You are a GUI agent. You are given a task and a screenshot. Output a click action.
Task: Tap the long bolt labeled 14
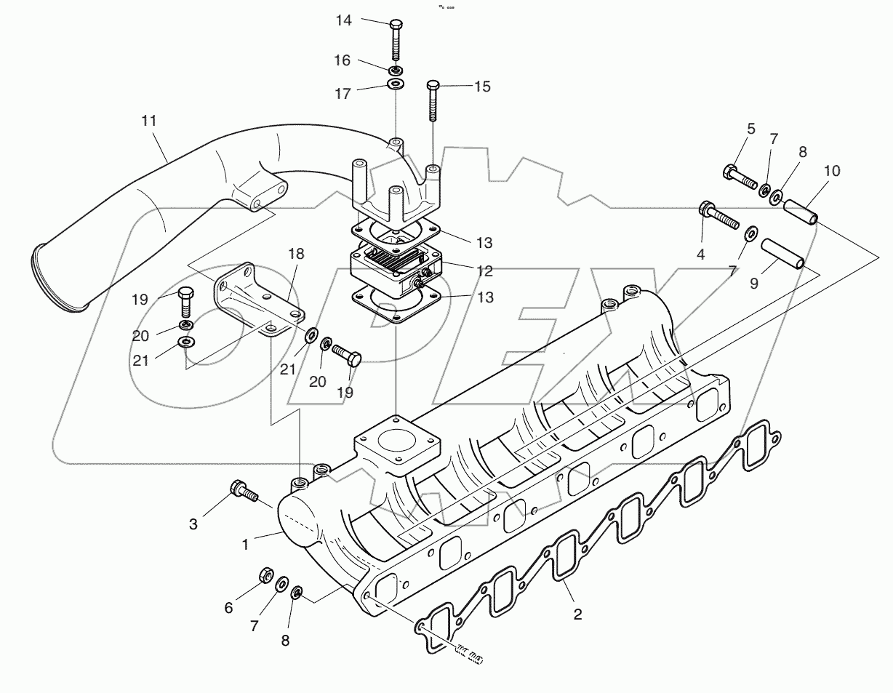click(x=395, y=39)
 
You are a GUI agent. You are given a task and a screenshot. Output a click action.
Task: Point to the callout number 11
click(x=149, y=121)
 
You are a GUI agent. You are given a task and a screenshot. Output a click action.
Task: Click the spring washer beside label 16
click(x=395, y=71)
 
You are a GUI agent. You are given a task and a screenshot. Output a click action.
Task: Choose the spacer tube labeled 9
click(x=782, y=254)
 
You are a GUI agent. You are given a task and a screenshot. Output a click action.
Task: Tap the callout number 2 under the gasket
click(x=577, y=614)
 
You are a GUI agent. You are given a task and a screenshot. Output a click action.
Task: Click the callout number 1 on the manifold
click(x=246, y=543)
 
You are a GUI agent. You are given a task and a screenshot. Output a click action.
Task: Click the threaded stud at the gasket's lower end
click(x=465, y=654)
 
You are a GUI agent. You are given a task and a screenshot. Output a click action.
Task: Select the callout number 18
click(x=295, y=254)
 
